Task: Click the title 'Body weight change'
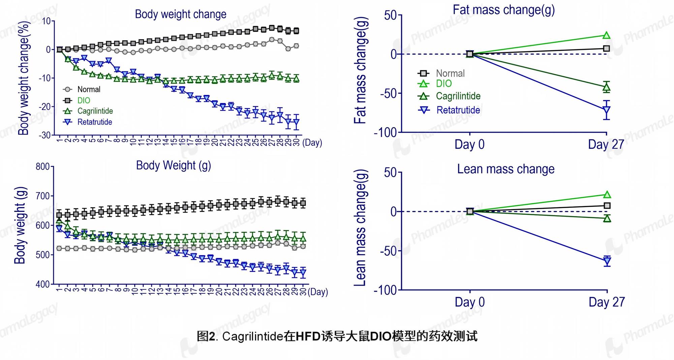pos(181,14)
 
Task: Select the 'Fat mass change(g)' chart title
pos(503,10)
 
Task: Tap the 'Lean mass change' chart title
pos(506,169)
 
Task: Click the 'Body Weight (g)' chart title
pos(173,165)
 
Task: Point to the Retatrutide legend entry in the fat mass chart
pos(449,110)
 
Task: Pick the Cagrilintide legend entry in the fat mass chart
pos(449,96)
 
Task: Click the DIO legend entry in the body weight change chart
pos(77,100)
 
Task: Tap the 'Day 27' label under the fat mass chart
pos(606,144)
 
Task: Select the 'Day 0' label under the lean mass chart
pos(470,302)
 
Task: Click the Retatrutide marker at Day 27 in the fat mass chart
pos(607,110)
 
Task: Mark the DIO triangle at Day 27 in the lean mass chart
pos(607,194)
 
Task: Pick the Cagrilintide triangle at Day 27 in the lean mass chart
pos(607,219)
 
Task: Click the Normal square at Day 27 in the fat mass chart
pos(607,48)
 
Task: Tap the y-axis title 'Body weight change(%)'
pos(24,78)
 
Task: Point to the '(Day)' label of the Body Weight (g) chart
pos(317,292)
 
